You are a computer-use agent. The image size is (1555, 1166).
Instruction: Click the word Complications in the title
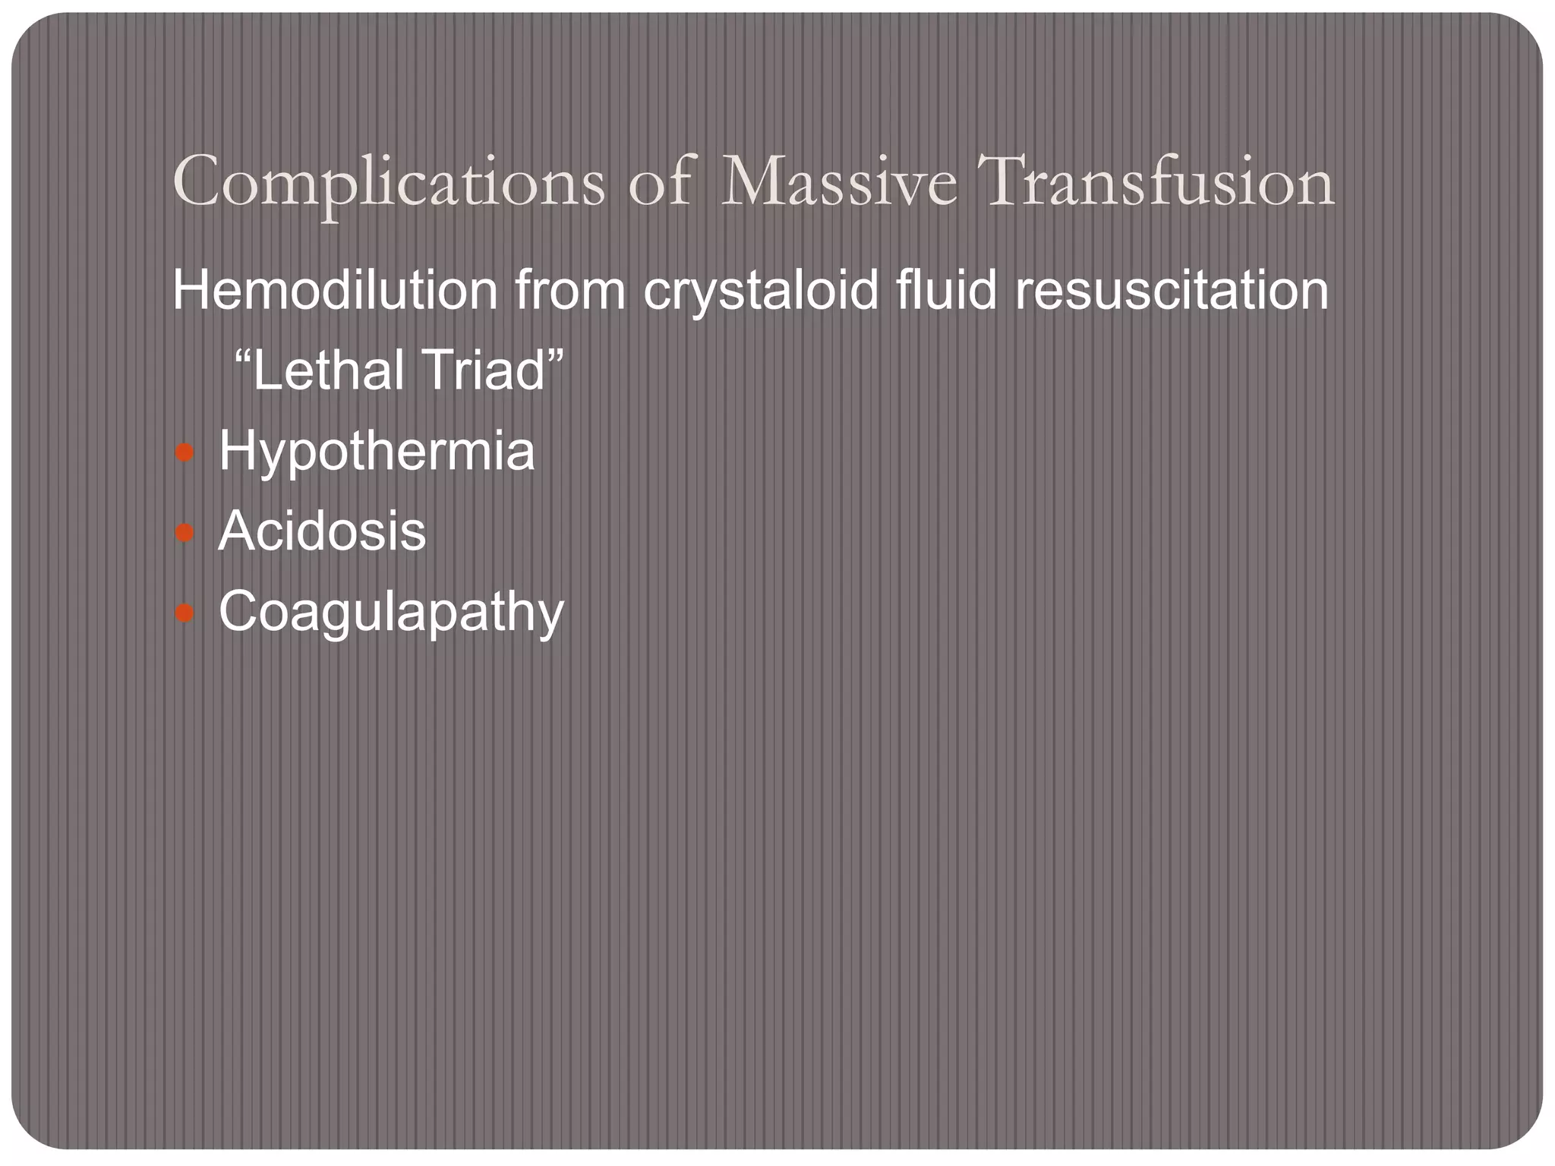pyautogui.click(x=389, y=183)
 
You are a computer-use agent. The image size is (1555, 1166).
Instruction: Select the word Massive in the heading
pyautogui.click(x=838, y=183)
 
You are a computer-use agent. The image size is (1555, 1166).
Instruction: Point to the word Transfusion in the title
pyautogui.click(x=1159, y=183)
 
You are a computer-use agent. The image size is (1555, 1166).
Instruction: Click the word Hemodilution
pyautogui.click(x=335, y=290)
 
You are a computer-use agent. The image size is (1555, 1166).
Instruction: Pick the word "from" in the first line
pyautogui.click(x=570, y=290)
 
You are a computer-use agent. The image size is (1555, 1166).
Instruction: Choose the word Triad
pyautogui.click(x=481, y=370)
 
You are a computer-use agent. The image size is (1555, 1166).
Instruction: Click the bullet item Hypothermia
pyautogui.click(x=377, y=452)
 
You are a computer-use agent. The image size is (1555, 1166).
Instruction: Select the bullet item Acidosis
pyautogui.click(x=322, y=531)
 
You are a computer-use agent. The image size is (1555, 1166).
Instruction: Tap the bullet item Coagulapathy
pyautogui.click(x=391, y=612)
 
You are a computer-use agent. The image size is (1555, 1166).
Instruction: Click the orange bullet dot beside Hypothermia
pyautogui.click(x=185, y=454)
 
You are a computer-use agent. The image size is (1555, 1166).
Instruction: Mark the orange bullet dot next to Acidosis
pyautogui.click(x=185, y=533)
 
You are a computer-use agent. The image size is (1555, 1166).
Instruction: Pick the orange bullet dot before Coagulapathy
pyautogui.click(x=185, y=613)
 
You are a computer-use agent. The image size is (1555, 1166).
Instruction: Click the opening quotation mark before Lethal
pyautogui.click(x=242, y=357)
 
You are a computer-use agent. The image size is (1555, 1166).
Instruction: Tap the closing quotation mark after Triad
pyautogui.click(x=556, y=357)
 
